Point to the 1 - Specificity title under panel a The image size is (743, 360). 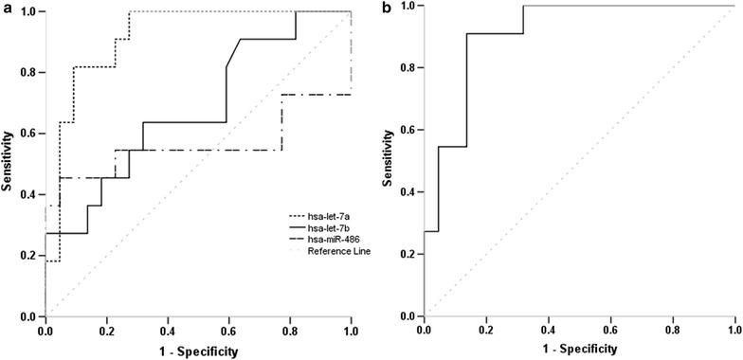point(198,352)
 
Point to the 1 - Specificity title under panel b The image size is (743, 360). point(580,352)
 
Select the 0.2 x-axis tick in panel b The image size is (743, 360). point(486,333)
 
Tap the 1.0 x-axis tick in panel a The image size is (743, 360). point(351,333)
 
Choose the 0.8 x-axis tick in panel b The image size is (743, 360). point(673,333)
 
